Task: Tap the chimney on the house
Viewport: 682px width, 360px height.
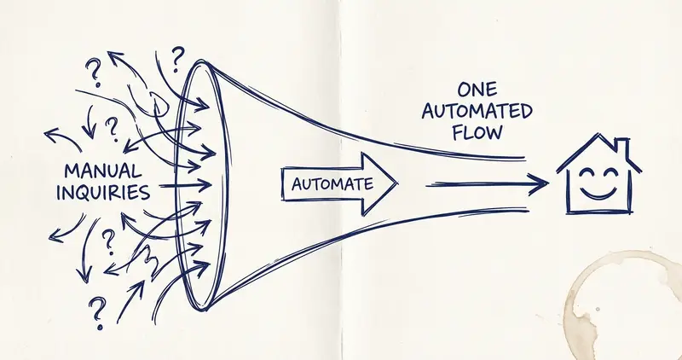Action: pyautogui.click(x=622, y=148)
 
